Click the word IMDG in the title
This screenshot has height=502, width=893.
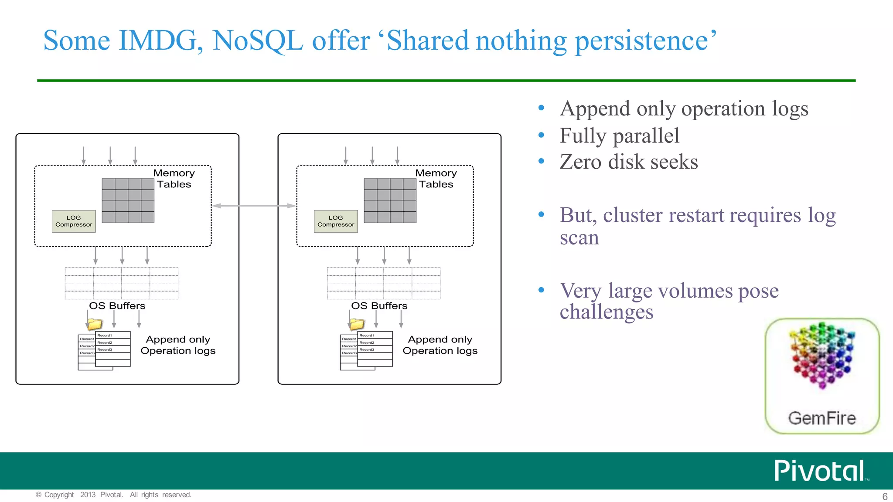coord(160,41)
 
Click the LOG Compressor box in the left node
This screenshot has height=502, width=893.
coord(74,221)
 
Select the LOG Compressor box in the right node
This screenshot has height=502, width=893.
coord(336,221)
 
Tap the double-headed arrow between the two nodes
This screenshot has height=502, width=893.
coord(254,206)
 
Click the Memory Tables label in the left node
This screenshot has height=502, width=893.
coord(174,179)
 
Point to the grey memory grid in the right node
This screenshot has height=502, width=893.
coord(390,200)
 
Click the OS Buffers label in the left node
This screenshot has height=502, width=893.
coord(117,306)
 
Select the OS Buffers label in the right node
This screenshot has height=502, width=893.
coord(379,306)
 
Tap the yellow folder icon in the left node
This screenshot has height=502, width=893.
coord(95,324)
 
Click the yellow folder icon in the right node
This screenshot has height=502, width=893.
coord(357,324)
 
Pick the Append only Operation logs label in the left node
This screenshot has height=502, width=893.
coord(178,345)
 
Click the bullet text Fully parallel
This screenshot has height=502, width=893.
coord(619,136)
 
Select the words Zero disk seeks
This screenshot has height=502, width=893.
coord(629,162)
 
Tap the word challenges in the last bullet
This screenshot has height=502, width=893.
coord(606,312)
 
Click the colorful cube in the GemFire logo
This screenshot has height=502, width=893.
coord(821,356)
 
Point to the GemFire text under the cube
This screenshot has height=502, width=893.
coord(822,418)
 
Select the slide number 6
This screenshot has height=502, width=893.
coord(885,496)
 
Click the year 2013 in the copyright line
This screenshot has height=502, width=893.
coord(88,495)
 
